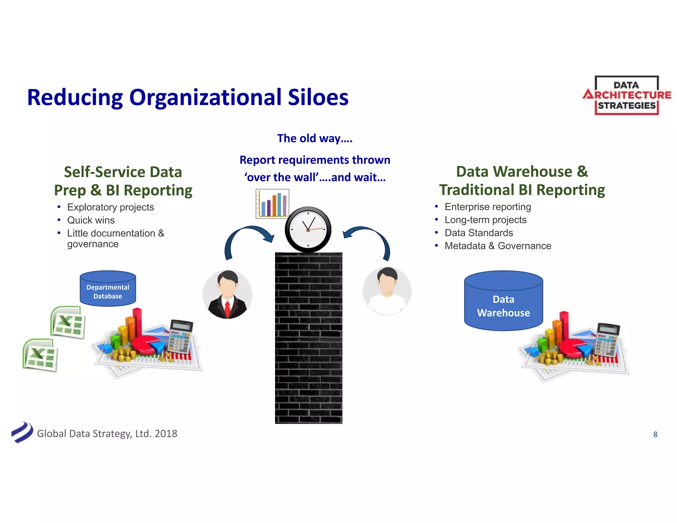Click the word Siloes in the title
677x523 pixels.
[318, 98]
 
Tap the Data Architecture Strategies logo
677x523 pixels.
[627, 96]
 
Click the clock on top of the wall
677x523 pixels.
[308, 229]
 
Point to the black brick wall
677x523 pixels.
[308, 337]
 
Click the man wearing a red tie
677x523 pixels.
[227, 294]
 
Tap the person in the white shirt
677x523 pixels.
[387, 291]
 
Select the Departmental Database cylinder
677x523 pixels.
[108, 289]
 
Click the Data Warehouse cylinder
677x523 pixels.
[503, 301]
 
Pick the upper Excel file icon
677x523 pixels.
[68, 322]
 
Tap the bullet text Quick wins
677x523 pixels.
[91, 220]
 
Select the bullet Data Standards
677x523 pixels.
[478, 233]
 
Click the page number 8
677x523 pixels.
[655, 434]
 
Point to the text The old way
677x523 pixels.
[314, 138]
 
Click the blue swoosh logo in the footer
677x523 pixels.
[22, 432]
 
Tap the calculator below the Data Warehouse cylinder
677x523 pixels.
[607, 341]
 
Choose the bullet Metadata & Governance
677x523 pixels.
[498, 246]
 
